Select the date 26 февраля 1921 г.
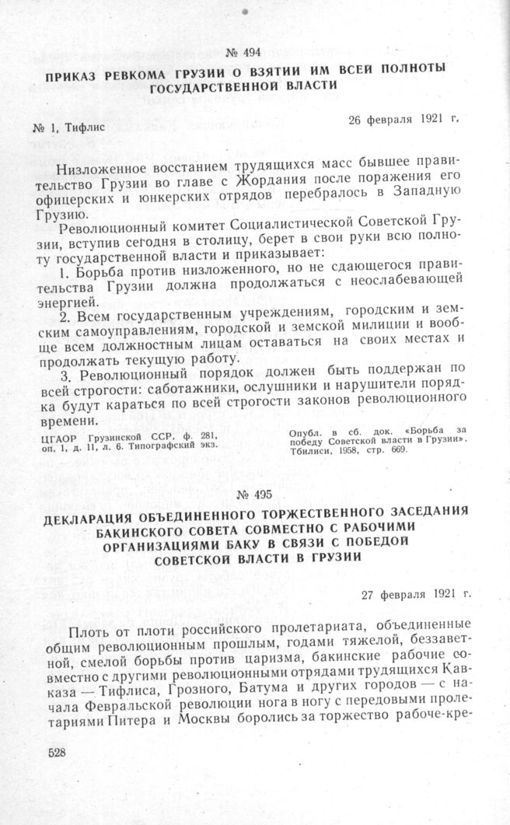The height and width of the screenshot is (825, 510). pyautogui.click(x=403, y=120)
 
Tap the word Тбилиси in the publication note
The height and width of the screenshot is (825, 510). pyautogui.click(x=309, y=451)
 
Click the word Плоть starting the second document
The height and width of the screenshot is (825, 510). pyautogui.click(x=89, y=626)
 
